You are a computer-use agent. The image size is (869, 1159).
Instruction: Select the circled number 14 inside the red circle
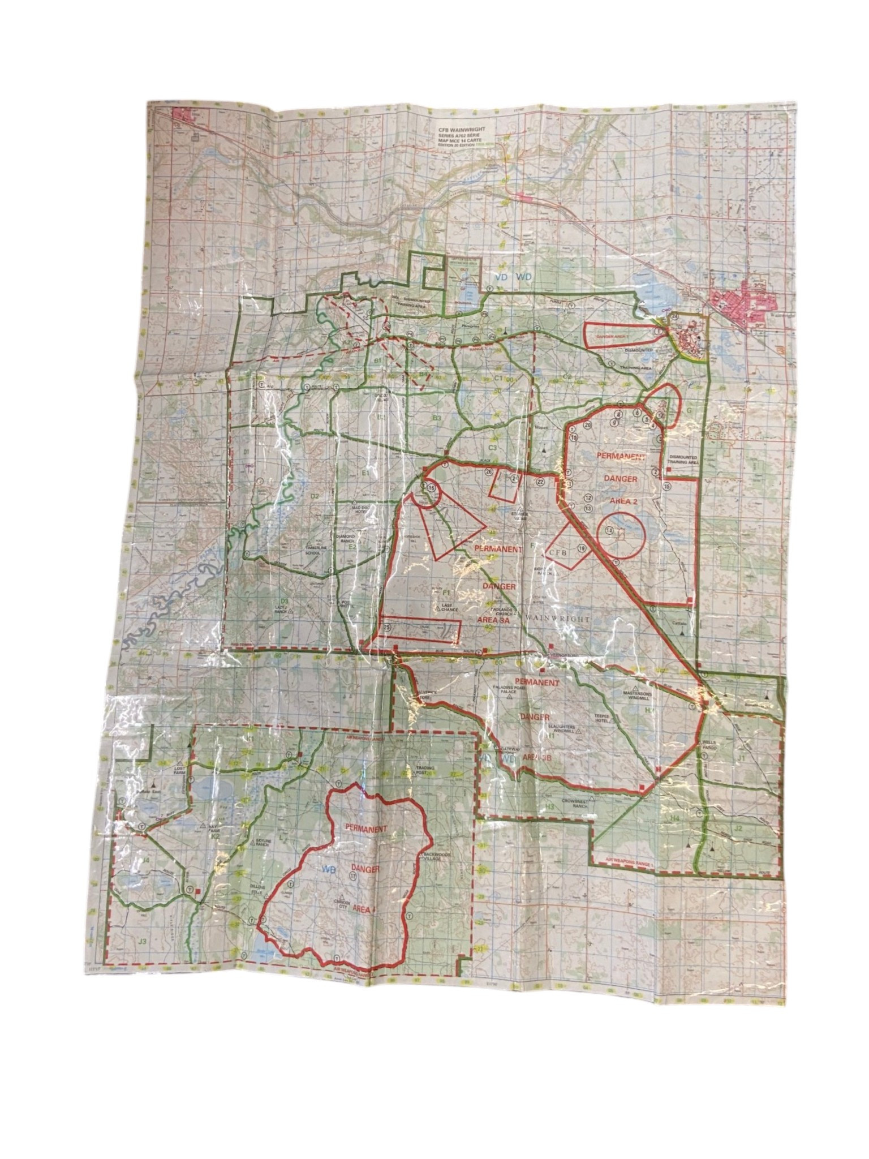click(609, 530)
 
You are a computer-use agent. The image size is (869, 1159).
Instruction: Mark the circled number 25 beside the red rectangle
click(388, 627)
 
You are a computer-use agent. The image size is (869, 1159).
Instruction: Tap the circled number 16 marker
click(432, 487)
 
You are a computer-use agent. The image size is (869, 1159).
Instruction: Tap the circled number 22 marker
click(540, 482)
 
